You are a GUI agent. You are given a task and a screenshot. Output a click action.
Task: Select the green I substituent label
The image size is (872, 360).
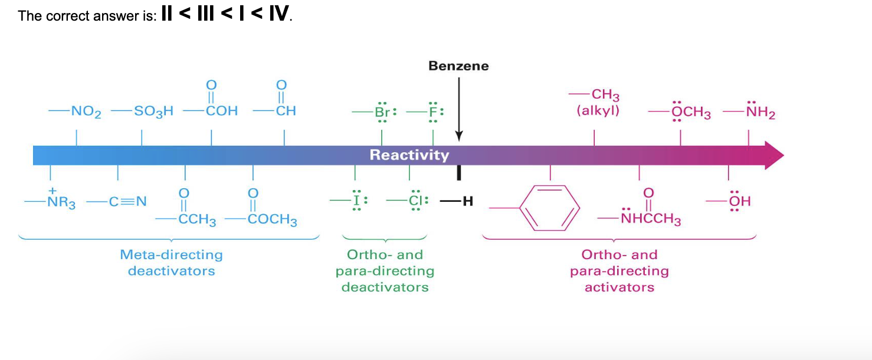pos(356,201)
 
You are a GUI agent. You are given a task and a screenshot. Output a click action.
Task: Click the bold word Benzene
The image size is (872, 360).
pos(458,66)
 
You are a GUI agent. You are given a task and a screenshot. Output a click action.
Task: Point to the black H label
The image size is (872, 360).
pos(468,201)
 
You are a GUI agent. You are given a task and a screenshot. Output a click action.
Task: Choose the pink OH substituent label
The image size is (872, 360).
pos(740,201)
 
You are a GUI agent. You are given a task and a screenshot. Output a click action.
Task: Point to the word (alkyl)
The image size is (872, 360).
pos(598,110)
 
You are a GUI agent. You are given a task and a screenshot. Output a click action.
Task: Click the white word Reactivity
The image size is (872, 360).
pos(409,155)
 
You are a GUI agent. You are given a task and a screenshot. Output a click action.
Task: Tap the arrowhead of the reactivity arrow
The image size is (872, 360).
pos(773,155)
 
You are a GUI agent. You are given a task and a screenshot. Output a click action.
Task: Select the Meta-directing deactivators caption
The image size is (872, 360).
pos(171,263)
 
